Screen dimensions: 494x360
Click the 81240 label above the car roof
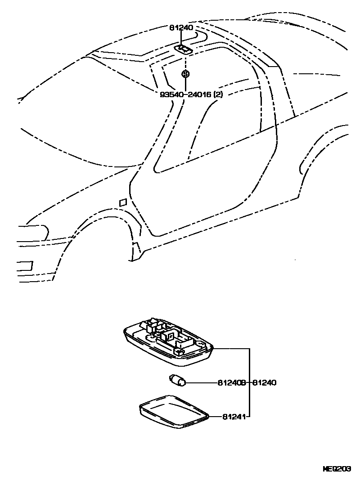tap(181, 28)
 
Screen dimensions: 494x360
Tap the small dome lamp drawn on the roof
tap(184, 49)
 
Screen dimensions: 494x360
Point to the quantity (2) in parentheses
tap(218, 94)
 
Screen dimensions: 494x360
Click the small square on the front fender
tap(122, 203)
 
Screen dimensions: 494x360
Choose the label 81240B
tap(231, 383)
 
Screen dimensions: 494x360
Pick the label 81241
tap(233, 417)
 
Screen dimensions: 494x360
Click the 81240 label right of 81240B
tap(264, 383)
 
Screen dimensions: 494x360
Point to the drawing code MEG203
tap(337, 468)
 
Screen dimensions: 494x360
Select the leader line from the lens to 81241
tap(216, 417)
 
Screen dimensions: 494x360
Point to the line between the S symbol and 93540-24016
tap(185, 84)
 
